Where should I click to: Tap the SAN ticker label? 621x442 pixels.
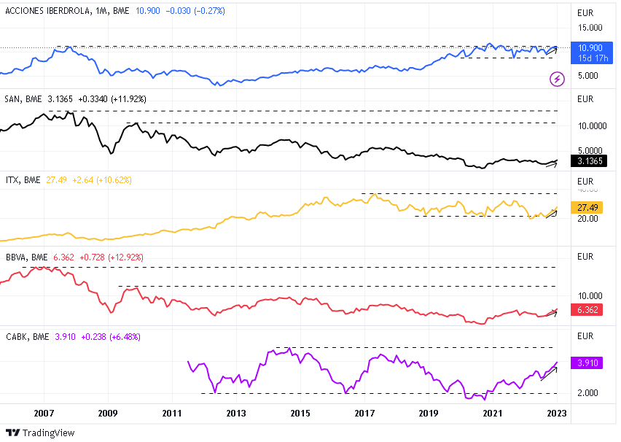tap(13, 98)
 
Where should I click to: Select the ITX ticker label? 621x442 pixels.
tap(12, 179)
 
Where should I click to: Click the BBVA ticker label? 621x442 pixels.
tap(16, 257)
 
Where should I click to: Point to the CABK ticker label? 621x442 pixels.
tap(17, 337)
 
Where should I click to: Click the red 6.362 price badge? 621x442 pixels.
tap(587, 309)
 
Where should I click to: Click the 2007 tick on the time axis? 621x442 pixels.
tap(44, 414)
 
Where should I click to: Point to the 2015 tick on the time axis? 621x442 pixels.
tap(300, 414)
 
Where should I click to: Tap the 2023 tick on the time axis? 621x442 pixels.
tap(557, 414)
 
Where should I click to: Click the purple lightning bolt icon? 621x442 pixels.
tap(558, 79)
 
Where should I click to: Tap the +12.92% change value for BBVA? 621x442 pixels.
tap(123, 257)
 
